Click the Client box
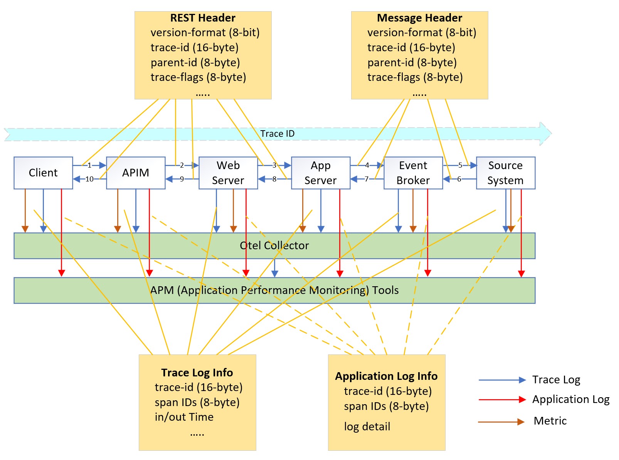click(43, 173)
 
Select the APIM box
click(136, 173)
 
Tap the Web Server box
click(228, 173)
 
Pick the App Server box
click(321, 173)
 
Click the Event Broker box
click(413, 173)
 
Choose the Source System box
click(506, 173)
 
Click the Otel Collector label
click(274, 245)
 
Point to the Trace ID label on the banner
click(277, 134)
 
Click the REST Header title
click(203, 18)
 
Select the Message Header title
click(419, 18)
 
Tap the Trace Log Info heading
click(197, 373)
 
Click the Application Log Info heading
click(386, 376)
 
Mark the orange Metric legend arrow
click(501, 422)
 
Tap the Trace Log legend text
click(556, 380)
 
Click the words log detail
click(367, 426)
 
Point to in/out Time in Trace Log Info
click(184, 417)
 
